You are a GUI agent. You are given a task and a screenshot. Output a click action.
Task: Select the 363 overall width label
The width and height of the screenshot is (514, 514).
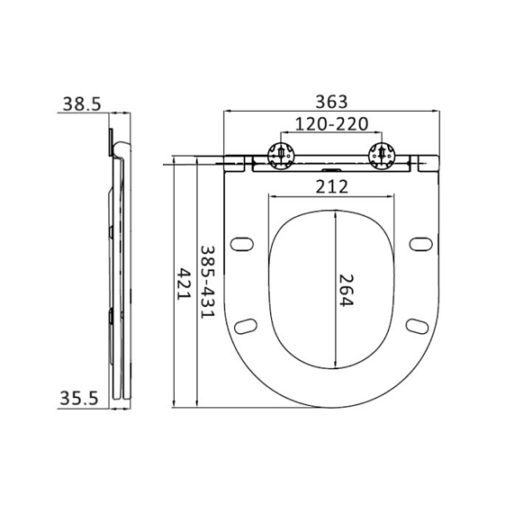click(x=332, y=101)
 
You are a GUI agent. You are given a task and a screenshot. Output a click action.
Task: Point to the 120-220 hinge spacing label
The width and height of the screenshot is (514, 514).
click(x=332, y=123)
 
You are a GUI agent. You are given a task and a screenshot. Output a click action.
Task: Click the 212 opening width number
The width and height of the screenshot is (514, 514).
click(x=333, y=186)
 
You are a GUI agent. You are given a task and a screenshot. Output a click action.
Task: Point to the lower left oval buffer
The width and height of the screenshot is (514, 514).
click(x=247, y=324)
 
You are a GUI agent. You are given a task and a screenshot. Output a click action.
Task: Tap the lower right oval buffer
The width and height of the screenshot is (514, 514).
click(x=418, y=324)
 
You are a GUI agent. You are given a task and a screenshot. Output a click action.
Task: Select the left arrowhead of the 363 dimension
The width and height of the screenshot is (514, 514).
click(x=226, y=113)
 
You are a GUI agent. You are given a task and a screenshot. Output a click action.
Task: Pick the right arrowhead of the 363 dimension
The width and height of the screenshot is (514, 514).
click(x=438, y=113)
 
